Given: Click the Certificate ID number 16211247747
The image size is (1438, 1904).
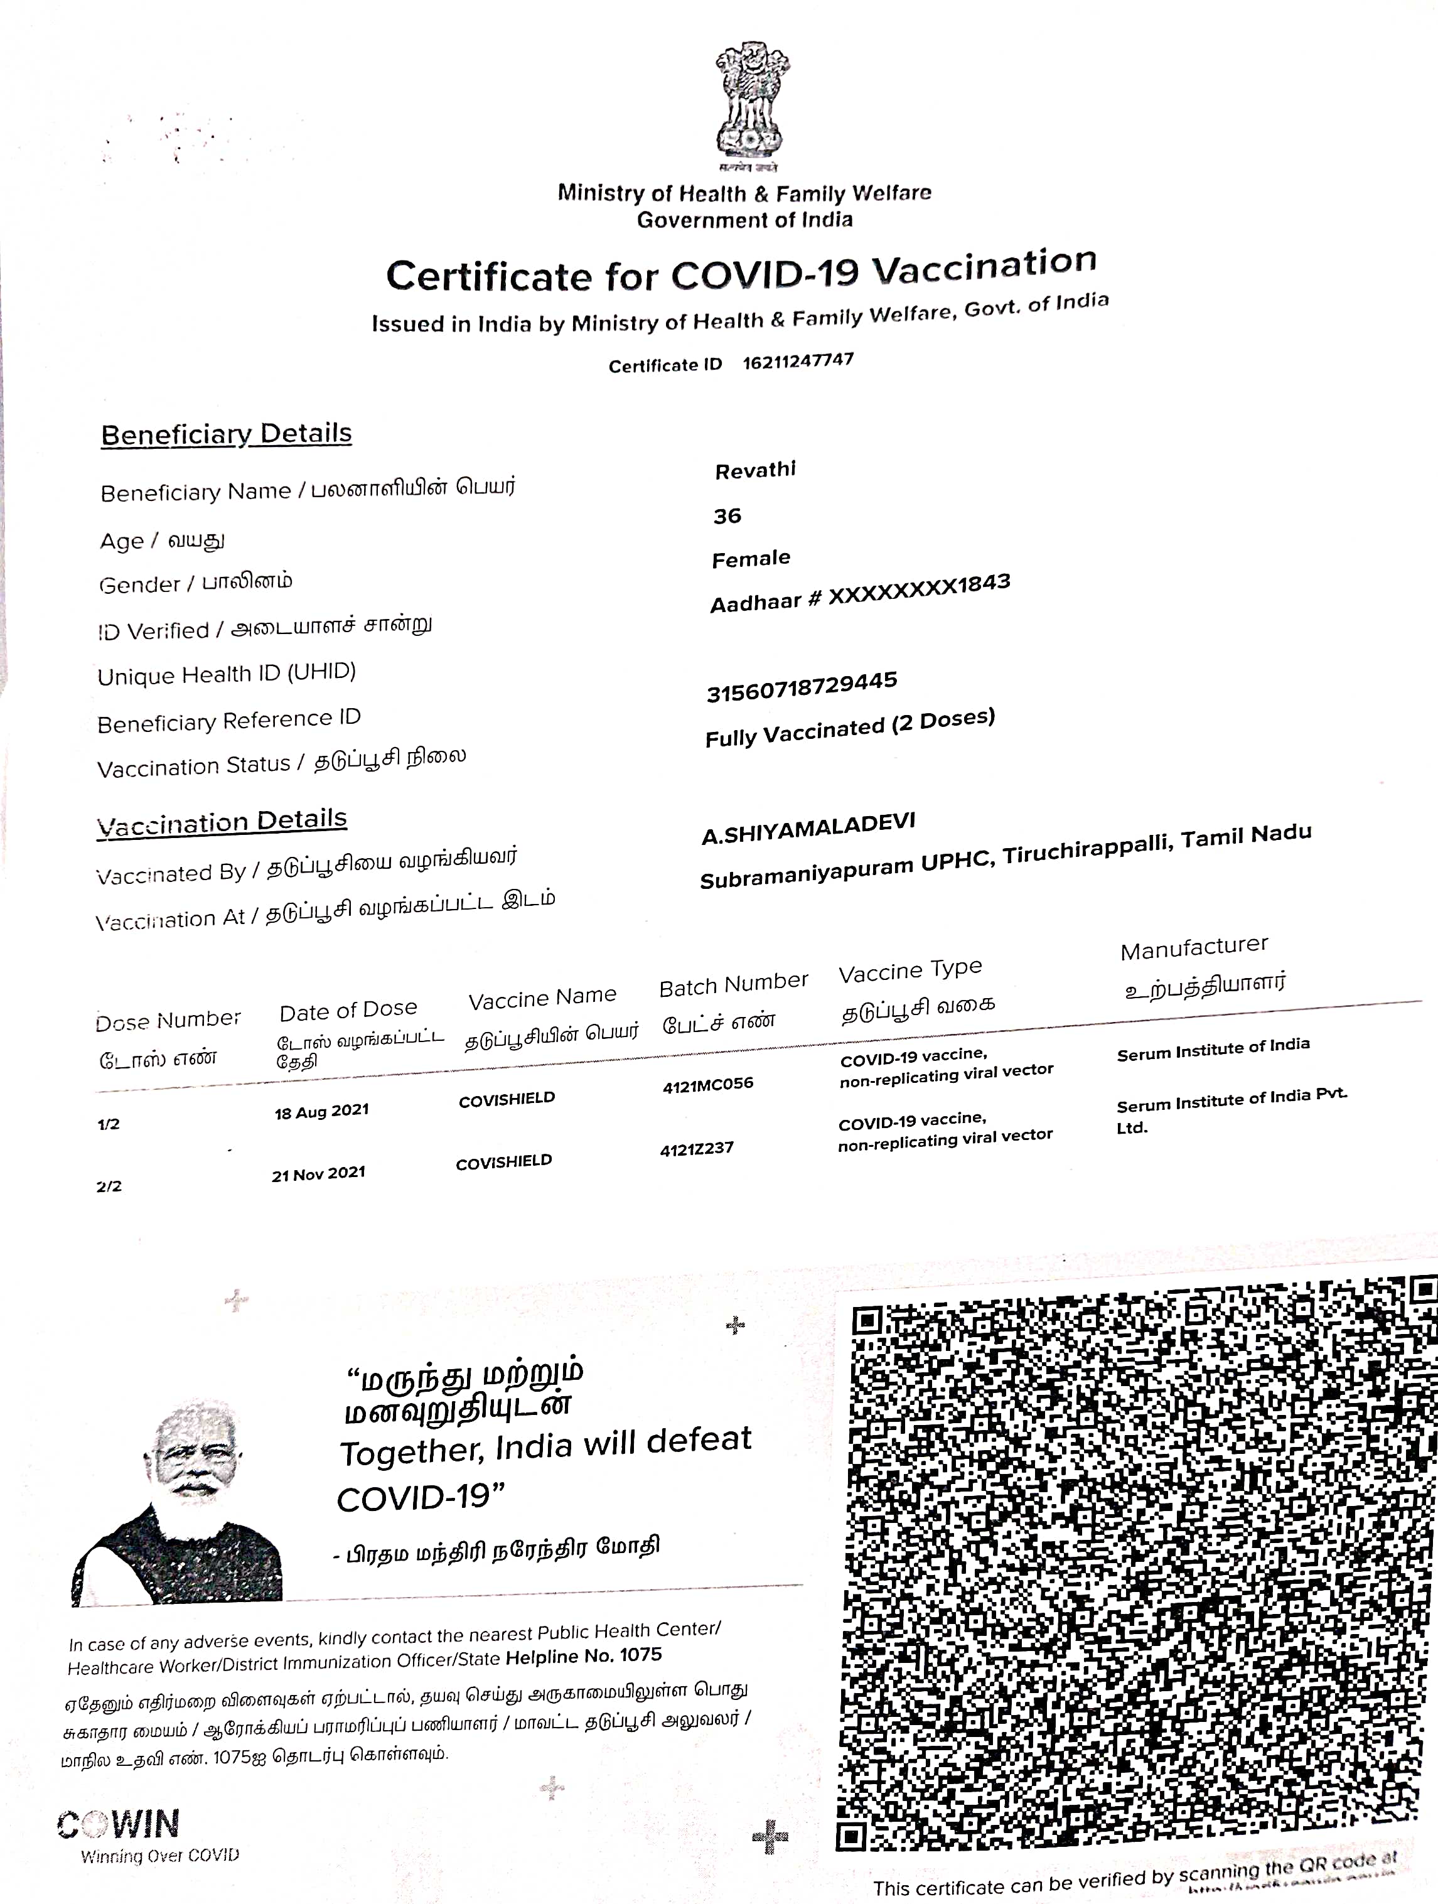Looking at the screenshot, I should pos(798,361).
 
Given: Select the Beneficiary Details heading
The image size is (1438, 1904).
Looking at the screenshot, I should pos(227,434).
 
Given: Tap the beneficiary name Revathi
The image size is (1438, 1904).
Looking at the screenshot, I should pos(754,470).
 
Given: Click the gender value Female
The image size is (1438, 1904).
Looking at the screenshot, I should pos(751,559).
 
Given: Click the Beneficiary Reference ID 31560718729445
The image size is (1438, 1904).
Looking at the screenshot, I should pos(801,687).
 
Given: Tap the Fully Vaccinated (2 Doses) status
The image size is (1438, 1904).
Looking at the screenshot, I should pos(849,728).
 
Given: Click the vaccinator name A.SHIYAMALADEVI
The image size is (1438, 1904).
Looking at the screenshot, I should pos(808,828).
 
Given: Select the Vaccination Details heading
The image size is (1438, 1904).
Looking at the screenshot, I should pos(222,822).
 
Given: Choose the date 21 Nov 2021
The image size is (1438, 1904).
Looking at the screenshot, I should pos(318,1173).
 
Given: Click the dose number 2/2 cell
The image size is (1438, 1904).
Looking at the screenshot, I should pos(109,1186).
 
